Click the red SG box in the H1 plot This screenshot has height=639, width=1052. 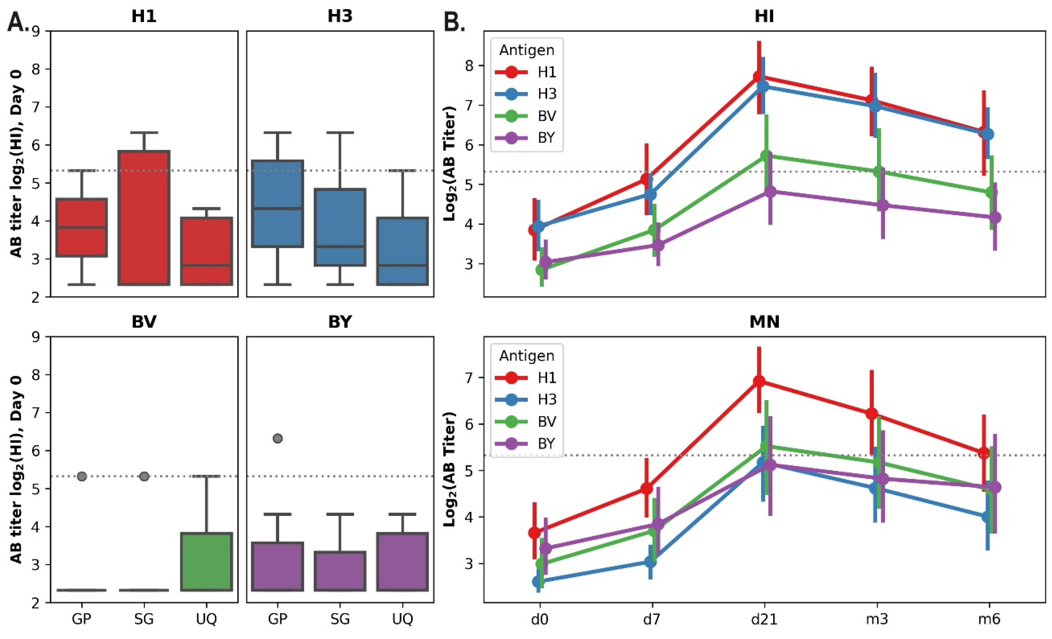(x=144, y=218)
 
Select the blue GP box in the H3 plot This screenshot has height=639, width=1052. (x=278, y=203)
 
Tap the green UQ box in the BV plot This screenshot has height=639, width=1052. (x=207, y=562)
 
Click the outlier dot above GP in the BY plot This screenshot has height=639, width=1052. (x=278, y=438)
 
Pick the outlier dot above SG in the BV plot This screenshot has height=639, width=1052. (x=144, y=476)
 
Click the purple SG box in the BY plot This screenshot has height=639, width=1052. (x=340, y=571)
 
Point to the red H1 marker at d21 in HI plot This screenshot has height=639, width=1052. (x=759, y=77)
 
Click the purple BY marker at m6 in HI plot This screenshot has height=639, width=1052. (x=995, y=218)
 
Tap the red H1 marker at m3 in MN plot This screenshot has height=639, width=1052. (x=872, y=414)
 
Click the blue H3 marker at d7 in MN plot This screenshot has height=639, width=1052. (x=650, y=562)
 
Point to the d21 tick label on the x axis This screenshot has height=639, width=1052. (x=764, y=619)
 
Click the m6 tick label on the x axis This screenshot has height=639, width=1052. (x=989, y=619)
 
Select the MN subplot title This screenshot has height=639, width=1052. (x=764, y=322)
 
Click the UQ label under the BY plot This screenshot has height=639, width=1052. (x=403, y=619)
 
